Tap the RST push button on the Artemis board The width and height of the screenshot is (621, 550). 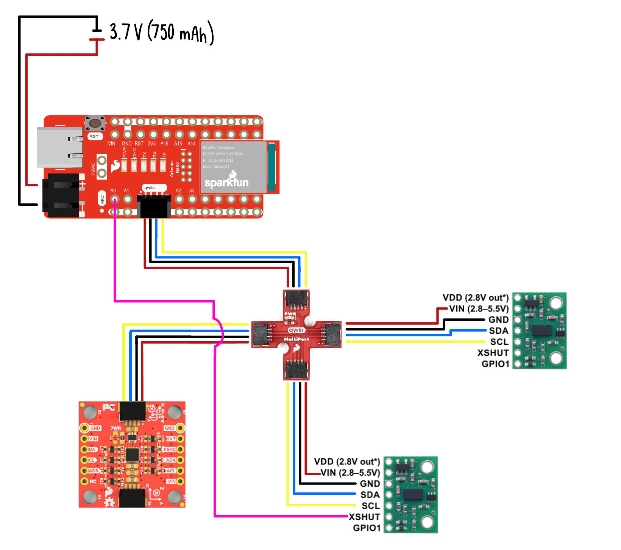(x=95, y=123)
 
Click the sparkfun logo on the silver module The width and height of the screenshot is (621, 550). (x=226, y=181)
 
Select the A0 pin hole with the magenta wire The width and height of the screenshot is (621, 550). (x=114, y=199)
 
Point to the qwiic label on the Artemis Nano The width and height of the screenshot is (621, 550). (x=150, y=187)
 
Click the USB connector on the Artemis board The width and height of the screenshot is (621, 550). (x=60, y=147)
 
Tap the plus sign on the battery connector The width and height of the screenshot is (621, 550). (x=82, y=184)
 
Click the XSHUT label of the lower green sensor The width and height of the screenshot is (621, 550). (x=364, y=517)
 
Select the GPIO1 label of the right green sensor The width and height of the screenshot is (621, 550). (x=495, y=364)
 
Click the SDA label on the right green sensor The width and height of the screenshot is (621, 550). (x=498, y=331)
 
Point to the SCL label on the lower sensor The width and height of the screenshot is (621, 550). (x=370, y=506)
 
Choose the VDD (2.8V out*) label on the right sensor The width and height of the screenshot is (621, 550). (x=476, y=298)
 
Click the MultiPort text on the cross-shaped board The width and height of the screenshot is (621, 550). (x=296, y=339)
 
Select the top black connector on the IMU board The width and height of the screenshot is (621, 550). (x=133, y=411)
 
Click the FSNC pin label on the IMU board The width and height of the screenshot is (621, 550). (x=169, y=450)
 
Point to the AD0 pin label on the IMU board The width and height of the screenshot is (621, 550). (x=93, y=471)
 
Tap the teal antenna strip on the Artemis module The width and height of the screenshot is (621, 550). (x=271, y=167)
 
